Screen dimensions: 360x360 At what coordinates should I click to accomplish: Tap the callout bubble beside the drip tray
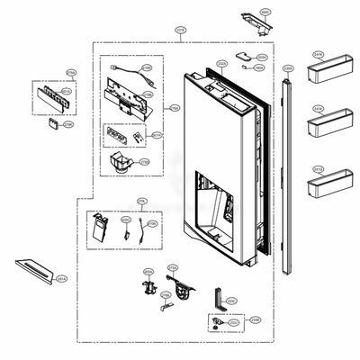[61, 281]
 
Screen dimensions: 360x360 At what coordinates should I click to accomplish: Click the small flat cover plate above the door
[242, 56]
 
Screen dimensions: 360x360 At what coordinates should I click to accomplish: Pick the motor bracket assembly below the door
[184, 284]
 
